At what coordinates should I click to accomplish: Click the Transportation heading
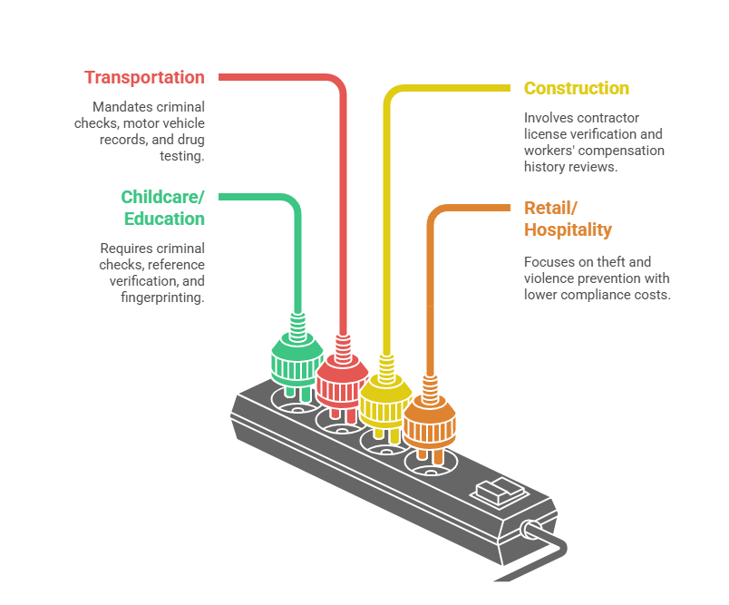tap(144, 77)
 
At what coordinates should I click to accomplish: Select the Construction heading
tap(577, 88)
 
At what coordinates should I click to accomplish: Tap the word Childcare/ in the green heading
tap(162, 197)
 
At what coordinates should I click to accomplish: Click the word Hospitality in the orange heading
tap(568, 229)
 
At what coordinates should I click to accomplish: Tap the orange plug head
tap(430, 423)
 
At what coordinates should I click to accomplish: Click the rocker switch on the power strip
tap(500, 491)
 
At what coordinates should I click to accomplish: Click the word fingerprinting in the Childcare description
tap(161, 298)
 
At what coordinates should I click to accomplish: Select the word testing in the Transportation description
tap(180, 156)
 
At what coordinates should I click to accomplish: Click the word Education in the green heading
tap(164, 219)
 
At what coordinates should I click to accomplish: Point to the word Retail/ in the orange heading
tap(550, 208)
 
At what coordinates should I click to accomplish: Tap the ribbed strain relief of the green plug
tap(297, 327)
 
